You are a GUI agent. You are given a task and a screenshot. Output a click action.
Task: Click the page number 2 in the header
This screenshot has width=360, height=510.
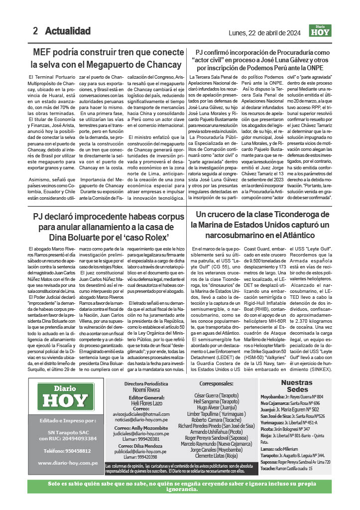click(x=35, y=31)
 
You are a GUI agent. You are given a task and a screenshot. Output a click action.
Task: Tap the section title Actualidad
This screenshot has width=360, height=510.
click(x=68, y=31)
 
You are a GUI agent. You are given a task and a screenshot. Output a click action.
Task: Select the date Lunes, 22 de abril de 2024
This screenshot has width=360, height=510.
click(x=264, y=33)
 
